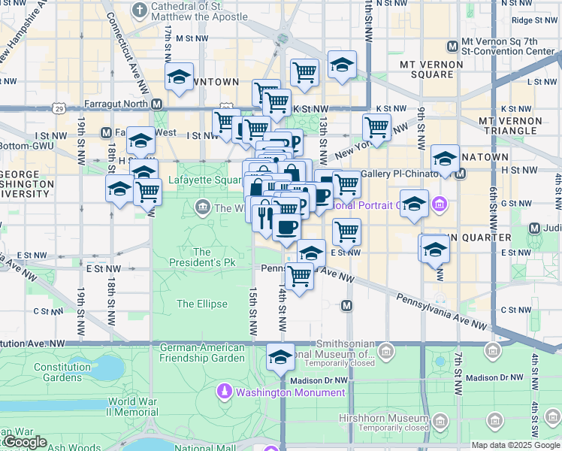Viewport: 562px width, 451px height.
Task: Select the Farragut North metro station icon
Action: point(156,104)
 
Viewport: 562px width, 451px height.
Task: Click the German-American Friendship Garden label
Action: point(202,353)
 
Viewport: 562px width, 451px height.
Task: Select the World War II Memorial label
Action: point(132,407)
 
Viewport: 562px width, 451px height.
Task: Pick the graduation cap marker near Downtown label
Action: point(179,77)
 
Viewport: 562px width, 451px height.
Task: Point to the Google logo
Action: point(25,442)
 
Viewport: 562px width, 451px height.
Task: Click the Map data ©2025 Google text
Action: point(515,445)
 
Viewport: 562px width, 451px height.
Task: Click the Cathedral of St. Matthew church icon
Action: point(139,10)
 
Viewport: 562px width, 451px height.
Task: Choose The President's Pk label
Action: point(201,258)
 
